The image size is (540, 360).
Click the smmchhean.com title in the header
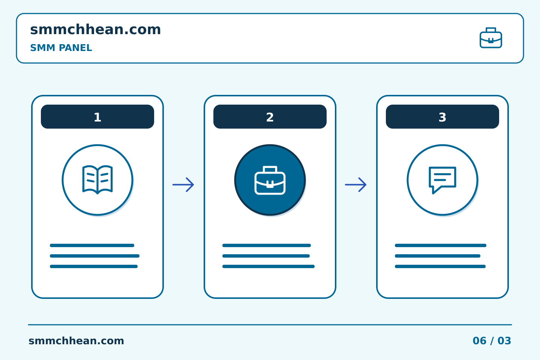coord(95,29)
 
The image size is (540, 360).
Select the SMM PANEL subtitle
coord(61,48)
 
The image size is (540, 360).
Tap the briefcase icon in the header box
coord(491,38)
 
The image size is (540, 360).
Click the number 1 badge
coord(97,117)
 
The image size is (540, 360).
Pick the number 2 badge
coord(270,117)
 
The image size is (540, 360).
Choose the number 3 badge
coord(442,117)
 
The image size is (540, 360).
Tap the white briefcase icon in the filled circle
coord(270,180)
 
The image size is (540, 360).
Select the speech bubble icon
coord(442,180)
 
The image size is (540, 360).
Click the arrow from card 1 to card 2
coord(183,185)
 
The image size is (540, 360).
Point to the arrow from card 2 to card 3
coord(355,185)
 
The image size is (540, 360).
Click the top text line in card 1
coord(92,246)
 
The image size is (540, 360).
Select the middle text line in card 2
coord(266,256)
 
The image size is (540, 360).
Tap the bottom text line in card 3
coord(440,267)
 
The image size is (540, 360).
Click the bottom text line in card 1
coord(94,267)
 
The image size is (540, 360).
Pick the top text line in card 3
coord(441,246)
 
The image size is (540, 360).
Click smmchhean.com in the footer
coord(76,341)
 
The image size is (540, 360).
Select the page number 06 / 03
coord(492,341)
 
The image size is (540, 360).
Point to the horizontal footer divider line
coord(270,325)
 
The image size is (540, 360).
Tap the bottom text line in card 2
coord(268,267)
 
